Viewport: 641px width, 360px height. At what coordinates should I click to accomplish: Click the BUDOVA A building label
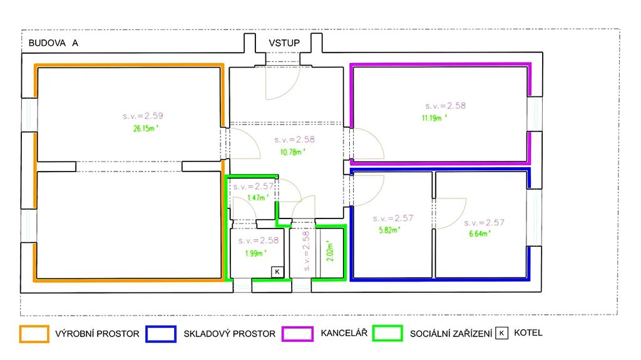pyautogui.click(x=53, y=43)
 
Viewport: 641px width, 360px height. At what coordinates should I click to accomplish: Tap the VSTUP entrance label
pyautogui.click(x=284, y=43)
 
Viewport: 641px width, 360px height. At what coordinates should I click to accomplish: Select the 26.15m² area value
pyautogui.click(x=145, y=128)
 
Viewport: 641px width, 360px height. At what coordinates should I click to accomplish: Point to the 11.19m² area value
pyautogui.click(x=434, y=118)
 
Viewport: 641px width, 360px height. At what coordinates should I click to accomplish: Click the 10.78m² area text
pyautogui.click(x=292, y=152)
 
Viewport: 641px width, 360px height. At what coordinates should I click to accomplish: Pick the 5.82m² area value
pyautogui.click(x=389, y=230)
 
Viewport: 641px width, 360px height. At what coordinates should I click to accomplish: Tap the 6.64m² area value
pyautogui.click(x=479, y=234)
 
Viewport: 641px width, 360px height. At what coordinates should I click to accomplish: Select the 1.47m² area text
pyautogui.click(x=258, y=198)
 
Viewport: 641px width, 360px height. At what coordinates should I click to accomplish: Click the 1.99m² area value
pyautogui.click(x=255, y=253)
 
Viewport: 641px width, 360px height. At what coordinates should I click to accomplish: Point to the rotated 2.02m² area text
pyautogui.click(x=331, y=250)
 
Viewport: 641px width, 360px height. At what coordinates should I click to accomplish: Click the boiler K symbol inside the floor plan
pyautogui.click(x=277, y=272)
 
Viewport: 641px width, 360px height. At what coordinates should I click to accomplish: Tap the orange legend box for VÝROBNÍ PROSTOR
pyautogui.click(x=34, y=334)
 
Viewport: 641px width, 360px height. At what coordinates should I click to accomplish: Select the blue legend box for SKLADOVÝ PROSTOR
pyautogui.click(x=161, y=334)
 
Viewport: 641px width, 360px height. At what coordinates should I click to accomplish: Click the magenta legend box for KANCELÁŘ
pyautogui.click(x=297, y=334)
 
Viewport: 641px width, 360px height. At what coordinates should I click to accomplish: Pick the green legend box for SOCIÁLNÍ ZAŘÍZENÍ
pyautogui.click(x=387, y=334)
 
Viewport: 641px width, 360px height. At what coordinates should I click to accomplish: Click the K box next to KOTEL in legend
pyautogui.click(x=501, y=333)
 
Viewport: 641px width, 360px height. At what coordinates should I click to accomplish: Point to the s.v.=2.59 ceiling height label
pyautogui.click(x=143, y=116)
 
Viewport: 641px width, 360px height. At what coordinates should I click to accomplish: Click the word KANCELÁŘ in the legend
pyautogui.click(x=344, y=333)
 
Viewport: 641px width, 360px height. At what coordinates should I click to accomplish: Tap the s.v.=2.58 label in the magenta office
pyautogui.click(x=445, y=106)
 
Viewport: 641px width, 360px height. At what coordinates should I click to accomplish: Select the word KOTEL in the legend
pyautogui.click(x=528, y=332)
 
